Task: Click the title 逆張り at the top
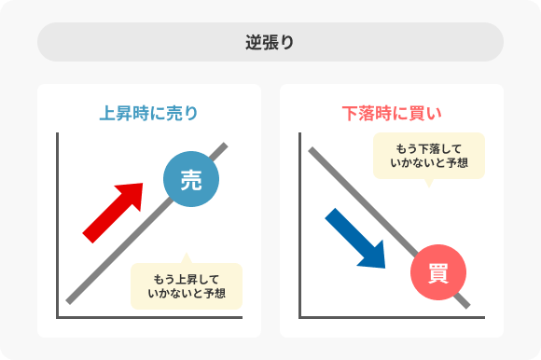[x=270, y=43]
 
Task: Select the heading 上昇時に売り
[x=149, y=114]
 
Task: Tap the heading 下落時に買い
[x=391, y=114]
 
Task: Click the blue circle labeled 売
[x=190, y=180]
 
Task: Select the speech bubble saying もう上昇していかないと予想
[x=187, y=285]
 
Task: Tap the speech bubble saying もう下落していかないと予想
[x=429, y=156]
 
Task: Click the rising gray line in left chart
[x=103, y=270]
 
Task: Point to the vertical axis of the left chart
[x=58, y=224]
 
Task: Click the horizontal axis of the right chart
[x=392, y=318]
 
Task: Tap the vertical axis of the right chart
[x=300, y=224]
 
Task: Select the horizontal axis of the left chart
[x=149, y=318]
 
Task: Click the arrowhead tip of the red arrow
[x=141, y=185]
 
